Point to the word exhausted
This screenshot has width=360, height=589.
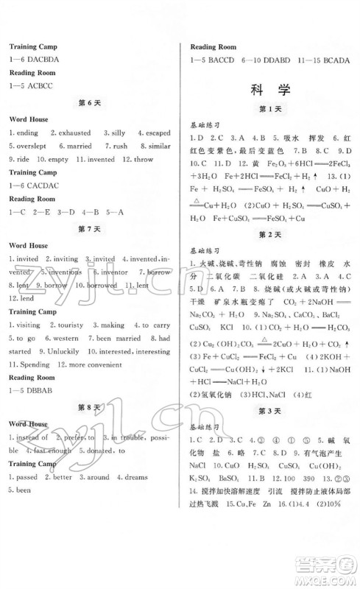pyautogui.click(x=73, y=133)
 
